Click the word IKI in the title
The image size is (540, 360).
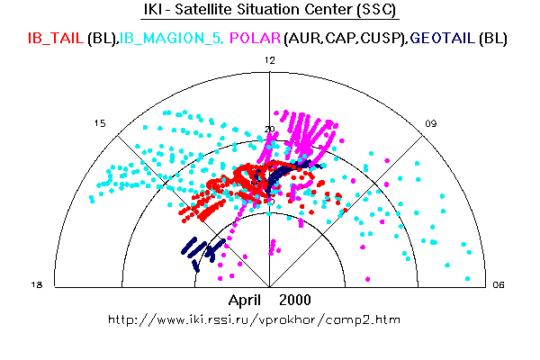point(154,12)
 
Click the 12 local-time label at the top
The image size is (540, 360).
point(269,59)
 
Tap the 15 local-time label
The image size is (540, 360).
point(101,123)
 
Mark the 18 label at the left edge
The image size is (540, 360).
point(37,285)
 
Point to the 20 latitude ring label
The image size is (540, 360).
point(269,130)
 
